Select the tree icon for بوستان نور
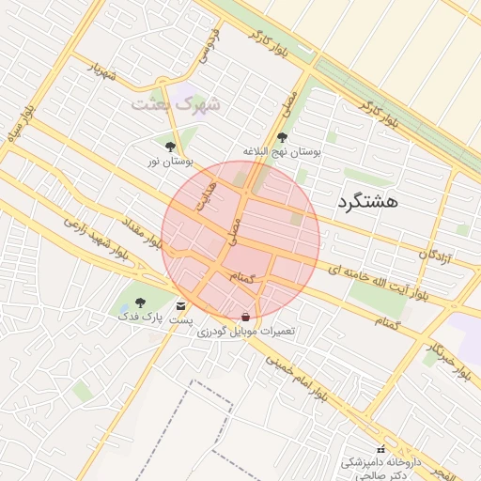[x=170, y=147]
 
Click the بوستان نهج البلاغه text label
[x=282, y=151]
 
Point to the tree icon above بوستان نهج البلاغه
[x=282, y=137]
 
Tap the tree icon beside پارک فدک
[x=140, y=303]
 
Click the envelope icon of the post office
[x=180, y=306]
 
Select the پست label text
[x=181, y=320]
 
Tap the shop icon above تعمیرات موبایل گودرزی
[x=246, y=318]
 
